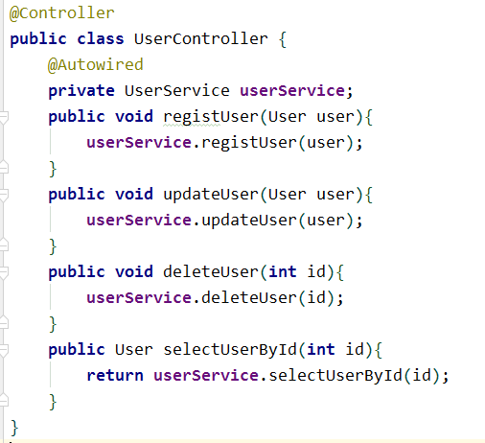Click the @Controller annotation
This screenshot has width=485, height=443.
62,13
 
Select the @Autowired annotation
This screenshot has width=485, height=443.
96,65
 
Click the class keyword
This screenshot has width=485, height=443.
101,39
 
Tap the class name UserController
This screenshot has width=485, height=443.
201,39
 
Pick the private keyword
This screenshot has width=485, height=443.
81,91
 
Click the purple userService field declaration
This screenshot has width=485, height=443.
292,91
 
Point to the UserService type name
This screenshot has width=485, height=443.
177,91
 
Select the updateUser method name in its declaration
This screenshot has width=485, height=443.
211,195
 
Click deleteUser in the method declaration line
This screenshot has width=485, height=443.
211,272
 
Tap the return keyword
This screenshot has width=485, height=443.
115,376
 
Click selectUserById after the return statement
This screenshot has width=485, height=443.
335,376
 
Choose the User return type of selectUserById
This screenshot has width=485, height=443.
134,350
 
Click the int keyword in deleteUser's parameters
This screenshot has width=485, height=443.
283,272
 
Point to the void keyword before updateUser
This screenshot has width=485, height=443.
134,195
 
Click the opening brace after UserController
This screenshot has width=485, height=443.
283,39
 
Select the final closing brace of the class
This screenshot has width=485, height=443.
14,428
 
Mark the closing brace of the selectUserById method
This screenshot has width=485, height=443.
53,402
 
